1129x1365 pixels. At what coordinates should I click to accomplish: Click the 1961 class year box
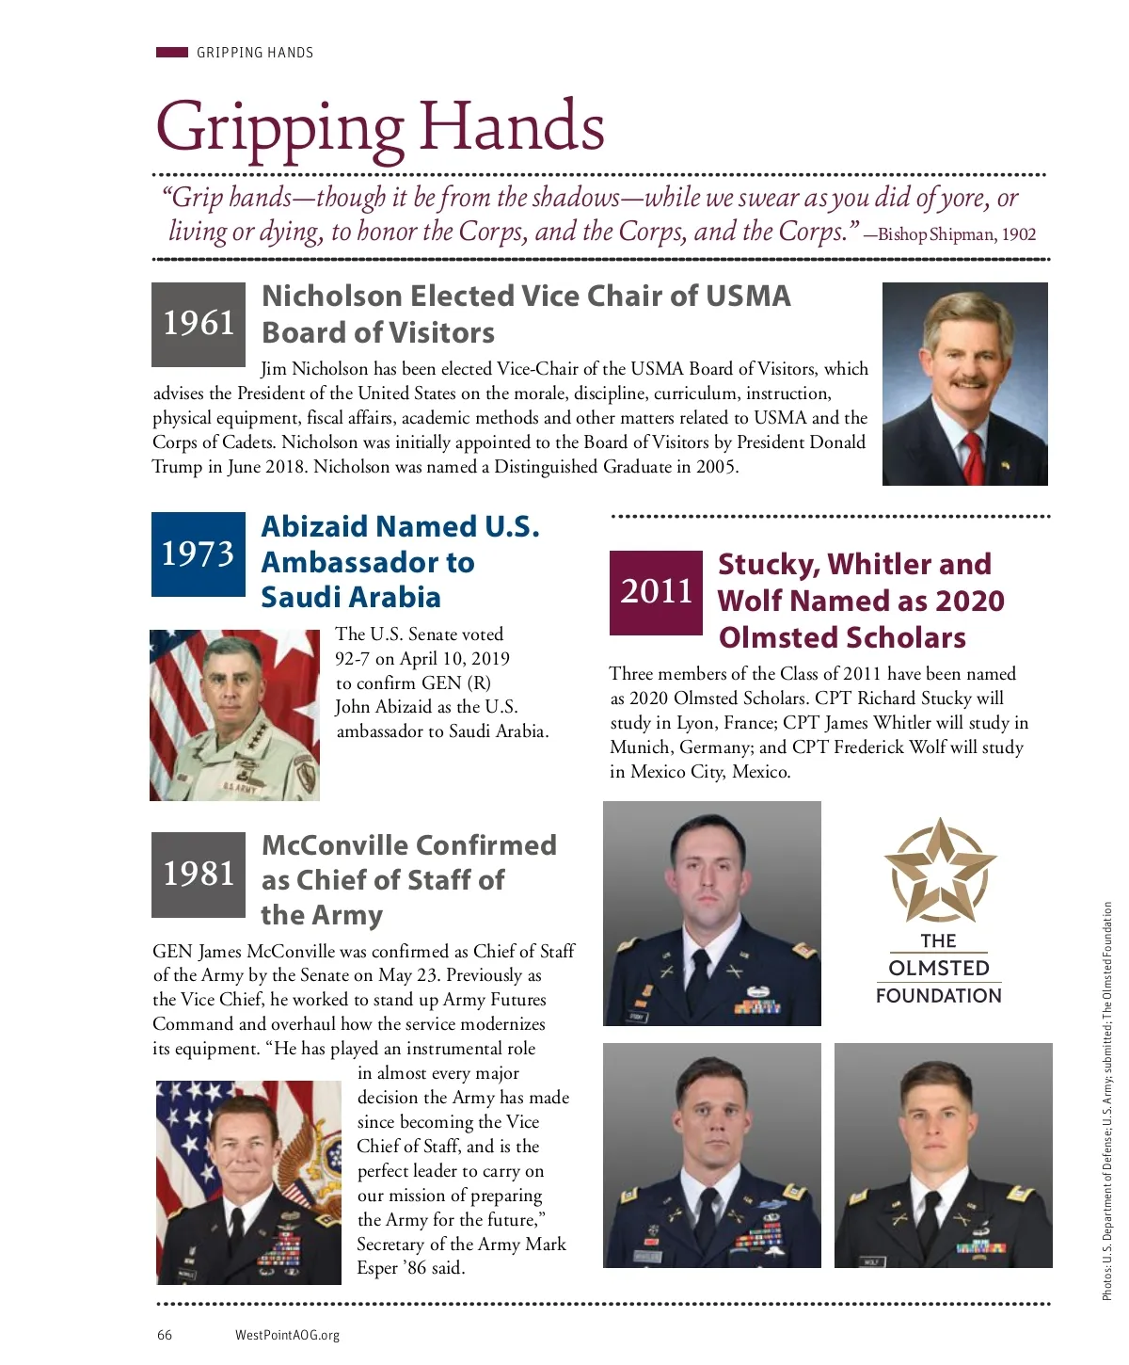198,324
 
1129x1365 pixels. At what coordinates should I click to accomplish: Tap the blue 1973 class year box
198,554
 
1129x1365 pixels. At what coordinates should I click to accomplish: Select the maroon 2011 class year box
656,592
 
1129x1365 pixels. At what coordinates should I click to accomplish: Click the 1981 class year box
198,874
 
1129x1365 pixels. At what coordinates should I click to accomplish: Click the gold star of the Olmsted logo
939,871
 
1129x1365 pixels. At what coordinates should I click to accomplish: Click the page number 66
165,1335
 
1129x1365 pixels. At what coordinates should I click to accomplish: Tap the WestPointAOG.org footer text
287,1335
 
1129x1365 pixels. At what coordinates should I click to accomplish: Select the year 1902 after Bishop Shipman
1018,234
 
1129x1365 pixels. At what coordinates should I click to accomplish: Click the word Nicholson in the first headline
331,297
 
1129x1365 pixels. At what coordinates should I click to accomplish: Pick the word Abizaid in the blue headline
315,526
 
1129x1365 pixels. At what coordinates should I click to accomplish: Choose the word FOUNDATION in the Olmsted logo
938,996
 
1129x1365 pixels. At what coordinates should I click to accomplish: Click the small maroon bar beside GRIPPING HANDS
171,53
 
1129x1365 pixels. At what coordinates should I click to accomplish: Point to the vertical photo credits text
1107,1101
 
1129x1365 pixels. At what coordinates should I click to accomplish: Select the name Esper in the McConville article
377,1268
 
